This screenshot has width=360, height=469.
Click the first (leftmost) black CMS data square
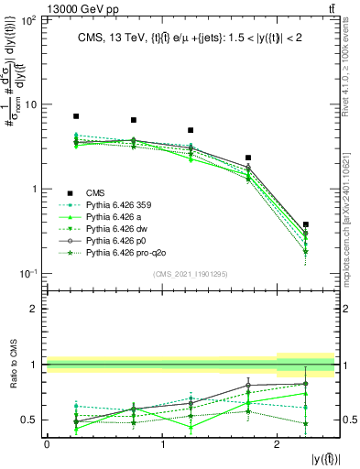(76, 116)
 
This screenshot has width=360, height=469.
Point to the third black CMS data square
(191, 130)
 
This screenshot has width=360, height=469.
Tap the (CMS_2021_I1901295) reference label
(191, 274)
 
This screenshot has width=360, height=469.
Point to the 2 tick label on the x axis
(278, 444)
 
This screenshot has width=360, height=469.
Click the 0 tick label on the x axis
(47, 444)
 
